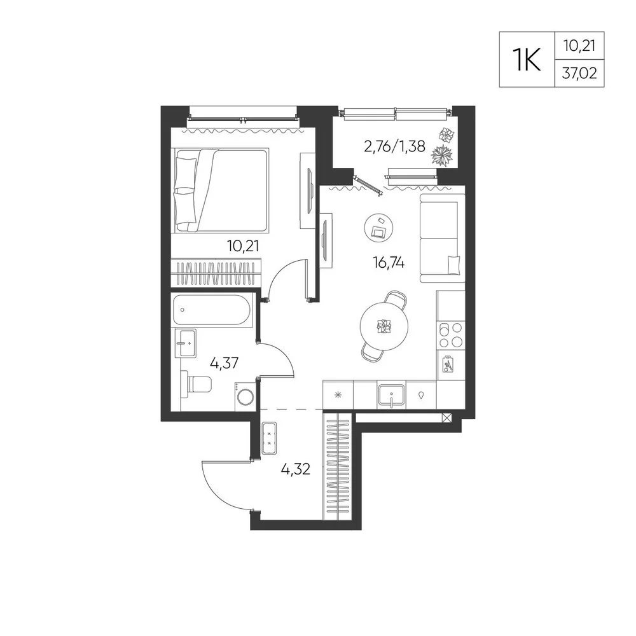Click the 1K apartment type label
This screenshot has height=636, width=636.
pyautogui.click(x=527, y=59)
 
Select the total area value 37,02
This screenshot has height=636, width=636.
pyautogui.click(x=579, y=73)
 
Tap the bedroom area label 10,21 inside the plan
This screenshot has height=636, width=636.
pyautogui.click(x=243, y=245)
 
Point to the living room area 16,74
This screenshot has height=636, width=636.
pyautogui.click(x=389, y=263)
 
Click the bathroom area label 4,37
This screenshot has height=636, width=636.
pyautogui.click(x=224, y=363)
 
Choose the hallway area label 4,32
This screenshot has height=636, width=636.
pyautogui.click(x=296, y=469)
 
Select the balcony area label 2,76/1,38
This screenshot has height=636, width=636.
pyautogui.click(x=395, y=146)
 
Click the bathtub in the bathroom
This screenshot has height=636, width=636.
pyautogui.click(x=213, y=310)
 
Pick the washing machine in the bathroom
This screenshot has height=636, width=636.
pyautogui.click(x=245, y=396)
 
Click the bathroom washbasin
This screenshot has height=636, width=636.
pyautogui.click(x=185, y=343)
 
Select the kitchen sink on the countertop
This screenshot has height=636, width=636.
pyautogui.click(x=391, y=396)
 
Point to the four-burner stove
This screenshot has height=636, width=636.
pyautogui.click(x=451, y=335)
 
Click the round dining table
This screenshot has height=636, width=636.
pyautogui.click(x=384, y=326)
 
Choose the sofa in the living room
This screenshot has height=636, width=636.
pyautogui.click(x=442, y=238)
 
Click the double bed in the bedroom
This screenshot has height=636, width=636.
pyautogui.click(x=222, y=191)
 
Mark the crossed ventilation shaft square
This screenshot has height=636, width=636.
pyautogui.click(x=446, y=418)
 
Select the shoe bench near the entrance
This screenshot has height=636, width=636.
pyautogui.click(x=269, y=438)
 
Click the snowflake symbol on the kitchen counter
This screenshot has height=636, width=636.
pyautogui.click(x=338, y=395)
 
